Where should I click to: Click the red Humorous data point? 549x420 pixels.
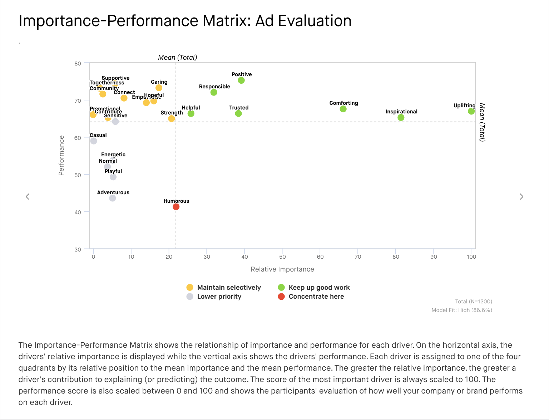[x=176, y=207]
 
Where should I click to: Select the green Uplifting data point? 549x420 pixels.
[x=471, y=111]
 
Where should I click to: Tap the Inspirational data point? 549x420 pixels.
[x=401, y=118]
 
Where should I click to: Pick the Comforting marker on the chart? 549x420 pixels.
[x=343, y=109]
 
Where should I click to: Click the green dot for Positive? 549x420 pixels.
[x=241, y=80]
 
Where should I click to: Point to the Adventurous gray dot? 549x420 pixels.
[x=113, y=198]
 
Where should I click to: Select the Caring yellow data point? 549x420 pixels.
[x=159, y=88]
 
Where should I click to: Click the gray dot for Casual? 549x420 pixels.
[x=94, y=141]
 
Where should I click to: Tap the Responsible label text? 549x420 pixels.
[x=214, y=87]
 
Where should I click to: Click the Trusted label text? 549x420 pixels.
[x=239, y=108]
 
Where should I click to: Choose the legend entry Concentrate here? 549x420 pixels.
[x=316, y=297]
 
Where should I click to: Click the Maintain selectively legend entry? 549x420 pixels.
[x=229, y=288]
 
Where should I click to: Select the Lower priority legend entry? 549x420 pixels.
[x=219, y=297]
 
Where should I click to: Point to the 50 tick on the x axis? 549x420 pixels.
[x=282, y=257]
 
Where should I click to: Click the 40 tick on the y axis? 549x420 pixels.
[x=78, y=212]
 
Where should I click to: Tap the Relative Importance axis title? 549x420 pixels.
[x=282, y=269]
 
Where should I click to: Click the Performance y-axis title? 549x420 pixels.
[x=61, y=155]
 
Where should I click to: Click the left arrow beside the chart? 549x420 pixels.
[x=28, y=196]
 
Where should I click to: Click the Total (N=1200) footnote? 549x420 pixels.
[x=473, y=302]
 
